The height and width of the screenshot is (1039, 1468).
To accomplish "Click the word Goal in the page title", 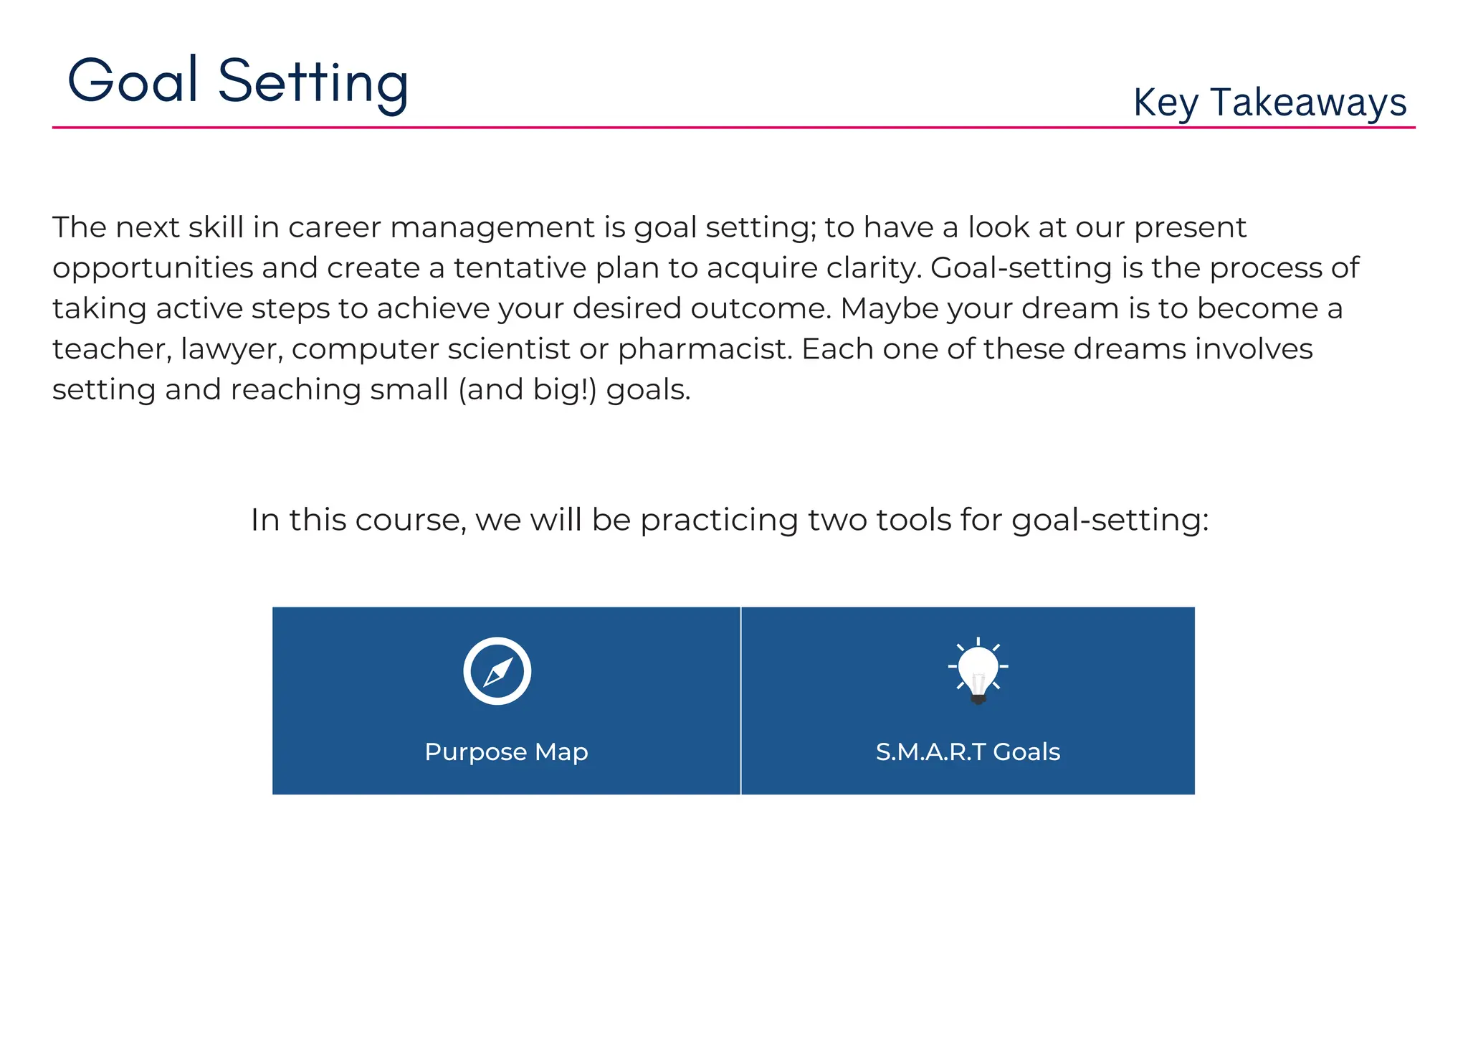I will (133, 80).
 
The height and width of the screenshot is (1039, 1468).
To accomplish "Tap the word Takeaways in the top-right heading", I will (1308, 103).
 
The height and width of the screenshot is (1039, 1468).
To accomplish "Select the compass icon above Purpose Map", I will (497, 671).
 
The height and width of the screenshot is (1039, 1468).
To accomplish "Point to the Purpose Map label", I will (506, 752).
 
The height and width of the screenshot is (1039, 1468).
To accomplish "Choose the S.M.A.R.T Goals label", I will (968, 752).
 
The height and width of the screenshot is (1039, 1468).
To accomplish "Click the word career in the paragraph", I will (335, 228).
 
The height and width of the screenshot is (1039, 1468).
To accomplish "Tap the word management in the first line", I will (492, 228).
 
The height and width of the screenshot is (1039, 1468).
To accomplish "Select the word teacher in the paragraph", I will (112, 349).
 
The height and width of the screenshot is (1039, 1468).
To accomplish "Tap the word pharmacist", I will (705, 349).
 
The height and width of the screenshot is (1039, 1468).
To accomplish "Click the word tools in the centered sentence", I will (915, 520).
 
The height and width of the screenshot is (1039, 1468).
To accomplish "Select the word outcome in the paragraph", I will (760, 309).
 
